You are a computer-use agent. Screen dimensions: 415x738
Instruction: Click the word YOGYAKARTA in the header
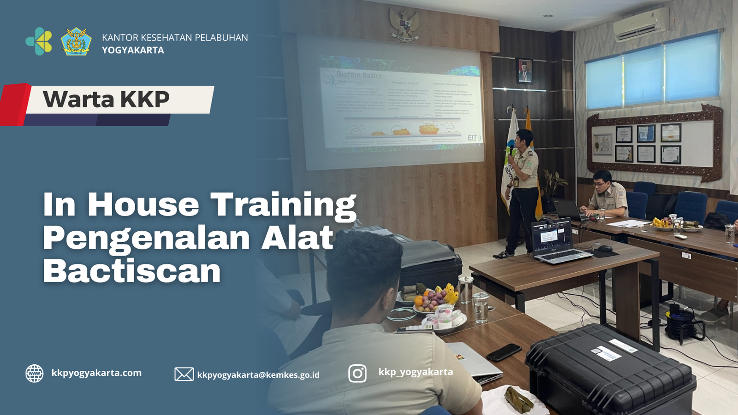[x=133, y=50]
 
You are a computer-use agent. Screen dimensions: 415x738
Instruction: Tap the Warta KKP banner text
[x=107, y=99]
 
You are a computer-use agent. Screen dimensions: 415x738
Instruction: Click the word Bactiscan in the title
[x=132, y=271]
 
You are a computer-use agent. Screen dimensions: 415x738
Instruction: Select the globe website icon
[x=35, y=374]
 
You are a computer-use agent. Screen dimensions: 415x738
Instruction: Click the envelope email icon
[x=184, y=374]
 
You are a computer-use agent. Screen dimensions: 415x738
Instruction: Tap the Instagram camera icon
[x=357, y=373]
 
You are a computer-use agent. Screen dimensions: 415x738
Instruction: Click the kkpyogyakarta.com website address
[x=96, y=373]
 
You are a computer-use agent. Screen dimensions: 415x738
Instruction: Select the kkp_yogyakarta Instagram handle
[x=416, y=372]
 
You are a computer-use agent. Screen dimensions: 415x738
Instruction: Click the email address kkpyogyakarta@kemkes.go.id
[x=258, y=375]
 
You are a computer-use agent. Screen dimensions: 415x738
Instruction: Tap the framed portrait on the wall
[x=524, y=71]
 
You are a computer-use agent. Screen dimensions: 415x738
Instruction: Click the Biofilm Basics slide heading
[x=359, y=75]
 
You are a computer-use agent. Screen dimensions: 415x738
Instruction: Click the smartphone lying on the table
[x=504, y=352]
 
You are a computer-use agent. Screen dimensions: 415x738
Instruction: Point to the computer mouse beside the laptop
[x=604, y=248]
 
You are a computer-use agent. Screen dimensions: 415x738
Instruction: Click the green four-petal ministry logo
[x=39, y=41]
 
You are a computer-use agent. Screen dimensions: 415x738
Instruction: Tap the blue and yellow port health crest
[x=76, y=42]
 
